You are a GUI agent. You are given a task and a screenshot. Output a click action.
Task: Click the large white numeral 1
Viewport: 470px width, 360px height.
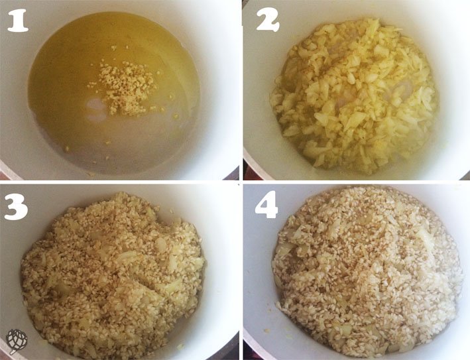tap(18, 21)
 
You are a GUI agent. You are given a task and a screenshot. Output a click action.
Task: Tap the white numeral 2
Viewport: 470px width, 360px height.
tap(268, 21)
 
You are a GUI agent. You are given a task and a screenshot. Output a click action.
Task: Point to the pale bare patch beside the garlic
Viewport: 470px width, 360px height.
tap(97, 109)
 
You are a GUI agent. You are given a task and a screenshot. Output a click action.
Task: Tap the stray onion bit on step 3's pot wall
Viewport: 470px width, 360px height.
tap(180, 347)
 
